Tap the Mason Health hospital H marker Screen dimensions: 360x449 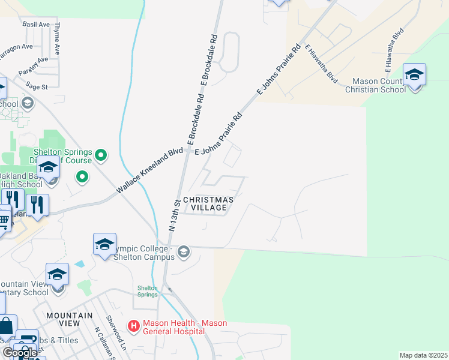coord(134,326)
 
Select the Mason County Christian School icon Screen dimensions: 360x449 coord(414,76)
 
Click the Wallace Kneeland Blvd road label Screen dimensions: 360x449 coord(149,171)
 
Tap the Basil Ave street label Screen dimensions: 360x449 coord(36,25)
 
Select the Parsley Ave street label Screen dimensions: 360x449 coord(33,64)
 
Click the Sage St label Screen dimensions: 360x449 coord(37,87)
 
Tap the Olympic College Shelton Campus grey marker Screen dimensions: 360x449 coord(184,251)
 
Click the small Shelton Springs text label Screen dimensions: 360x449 coord(147,291)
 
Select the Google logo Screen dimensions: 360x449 coord(20,353)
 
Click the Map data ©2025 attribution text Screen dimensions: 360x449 coord(423,355)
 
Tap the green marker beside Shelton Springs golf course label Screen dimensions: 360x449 coord(101,155)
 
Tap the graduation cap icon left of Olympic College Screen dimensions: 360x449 coord(104,244)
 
